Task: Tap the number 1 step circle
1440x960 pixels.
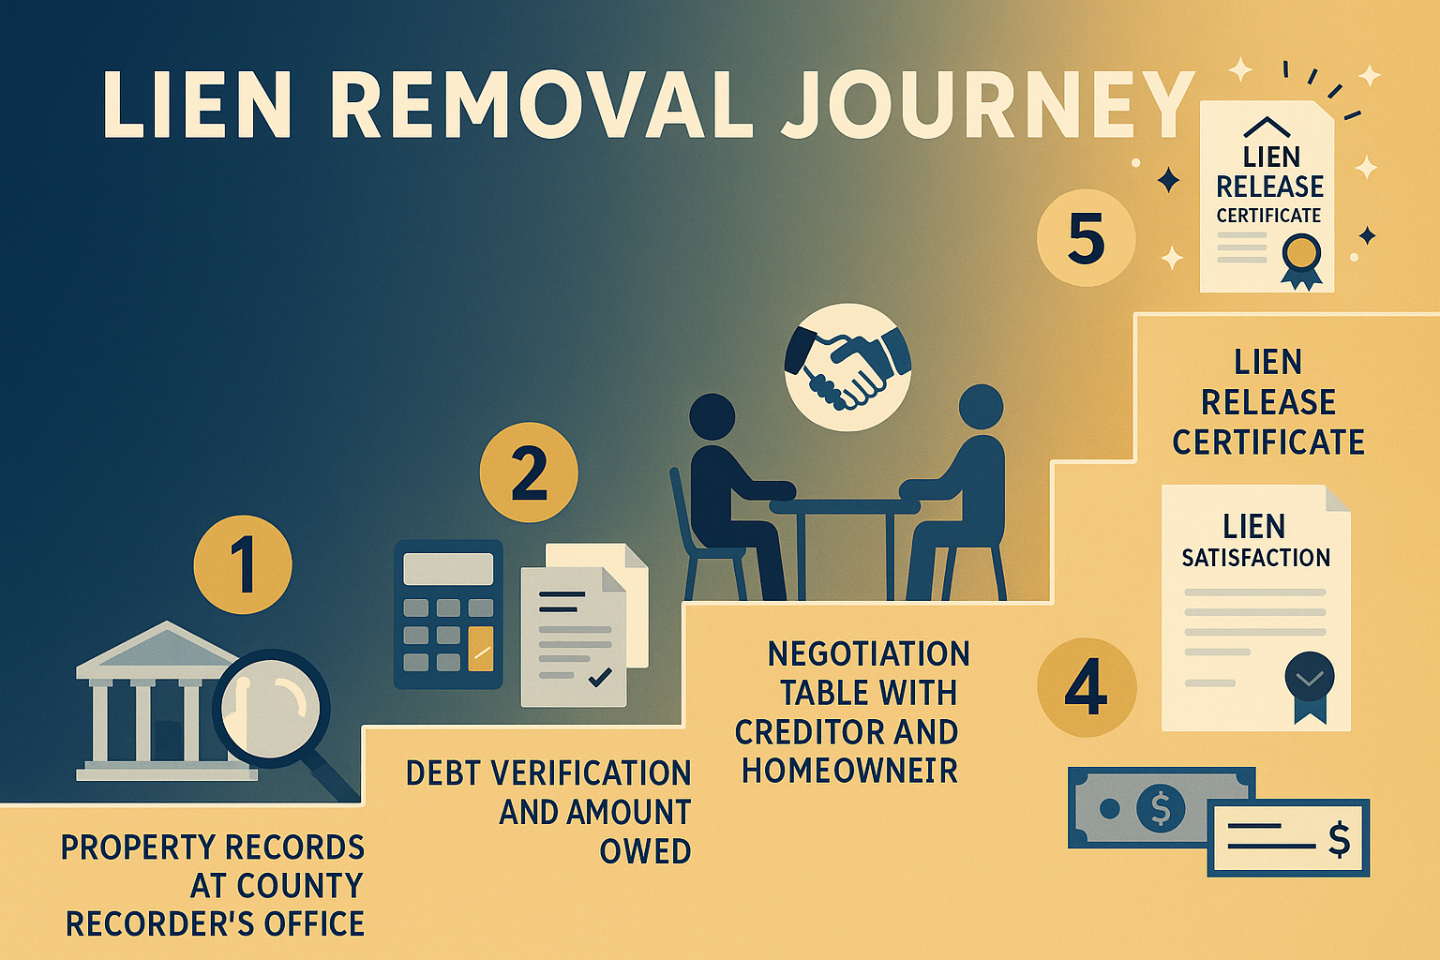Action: (x=243, y=564)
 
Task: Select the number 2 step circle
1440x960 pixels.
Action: (x=529, y=472)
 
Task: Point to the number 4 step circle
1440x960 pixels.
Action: (x=1087, y=688)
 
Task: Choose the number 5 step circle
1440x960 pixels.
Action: (x=1086, y=238)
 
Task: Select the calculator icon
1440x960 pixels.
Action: (x=448, y=614)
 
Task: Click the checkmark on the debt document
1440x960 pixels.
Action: (x=600, y=676)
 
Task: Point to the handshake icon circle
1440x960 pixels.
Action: (x=847, y=367)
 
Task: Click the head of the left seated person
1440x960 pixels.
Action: (x=712, y=416)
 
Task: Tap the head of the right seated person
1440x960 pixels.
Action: (x=981, y=408)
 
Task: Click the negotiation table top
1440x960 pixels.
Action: (x=844, y=506)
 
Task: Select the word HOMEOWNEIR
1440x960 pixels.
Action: (x=849, y=771)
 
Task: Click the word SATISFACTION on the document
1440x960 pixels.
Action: (x=1255, y=559)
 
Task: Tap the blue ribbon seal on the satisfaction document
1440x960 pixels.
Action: (x=1309, y=682)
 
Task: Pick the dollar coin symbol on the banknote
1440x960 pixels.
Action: (x=1160, y=806)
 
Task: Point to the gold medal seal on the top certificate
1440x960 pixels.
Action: (x=1301, y=255)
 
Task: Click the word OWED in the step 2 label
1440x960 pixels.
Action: (x=645, y=851)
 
